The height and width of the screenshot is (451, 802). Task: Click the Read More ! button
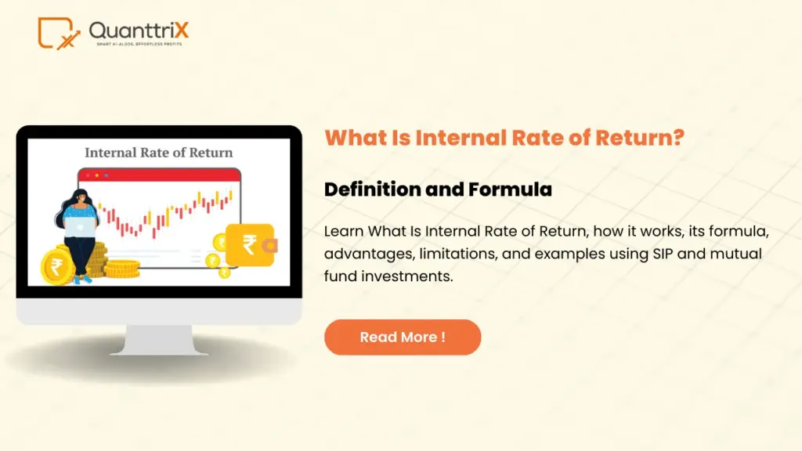[402, 337]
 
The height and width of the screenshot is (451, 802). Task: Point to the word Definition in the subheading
[367, 189]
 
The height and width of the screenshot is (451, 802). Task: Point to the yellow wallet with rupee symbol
[249, 245]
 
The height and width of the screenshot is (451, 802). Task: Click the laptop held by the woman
[78, 225]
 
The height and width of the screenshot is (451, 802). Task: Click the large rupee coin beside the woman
[58, 265]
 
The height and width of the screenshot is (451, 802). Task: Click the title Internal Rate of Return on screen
[158, 153]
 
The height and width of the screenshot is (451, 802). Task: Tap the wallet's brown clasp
[269, 246]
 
